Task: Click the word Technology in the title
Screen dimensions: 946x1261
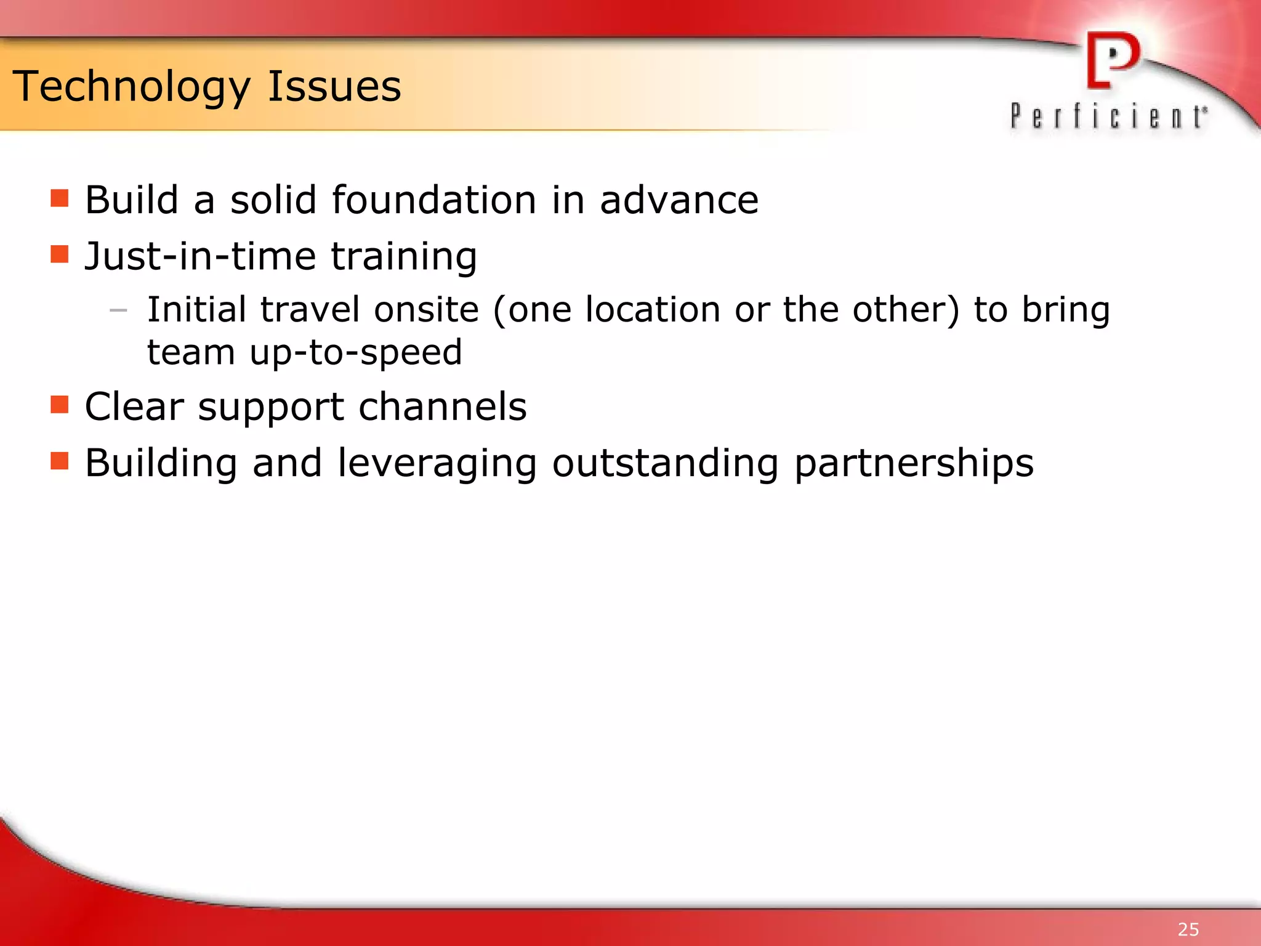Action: pyautogui.click(x=131, y=87)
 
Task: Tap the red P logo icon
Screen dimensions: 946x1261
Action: pyautogui.click(x=1113, y=60)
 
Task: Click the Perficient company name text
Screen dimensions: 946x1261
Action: pyautogui.click(x=1108, y=116)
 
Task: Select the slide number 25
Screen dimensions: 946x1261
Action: pyautogui.click(x=1188, y=929)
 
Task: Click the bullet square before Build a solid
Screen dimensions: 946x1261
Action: pyautogui.click(x=60, y=198)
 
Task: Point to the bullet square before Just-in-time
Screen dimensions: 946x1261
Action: pyautogui.click(x=60, y=254)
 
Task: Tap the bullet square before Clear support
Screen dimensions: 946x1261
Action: pyautogui.click(x=60, y=405)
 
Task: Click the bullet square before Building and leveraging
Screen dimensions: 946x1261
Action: pyautogui.click(x=60, y=461)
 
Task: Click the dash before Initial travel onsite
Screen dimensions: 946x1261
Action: pyautogui.click(x=118, y=310)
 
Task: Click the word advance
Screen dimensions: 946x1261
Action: pyautogui.click(x=679, y=201)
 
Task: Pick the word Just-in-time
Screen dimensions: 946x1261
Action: pyautogui.click(x=200, y=256)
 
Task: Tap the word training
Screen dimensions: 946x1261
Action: pyautogui.click(x=404, y=257)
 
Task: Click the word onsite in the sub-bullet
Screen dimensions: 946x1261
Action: pyautogui.click(x=426, y=309)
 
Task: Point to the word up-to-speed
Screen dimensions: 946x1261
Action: pyautogui.click(x=356, y=353)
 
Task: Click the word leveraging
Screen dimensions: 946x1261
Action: pyautogui.click(x=437, y=464)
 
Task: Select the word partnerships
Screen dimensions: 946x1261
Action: pyautogui.click(x=914, y=464)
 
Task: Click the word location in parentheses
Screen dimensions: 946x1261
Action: pyautogui.click(x=653, y=309)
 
